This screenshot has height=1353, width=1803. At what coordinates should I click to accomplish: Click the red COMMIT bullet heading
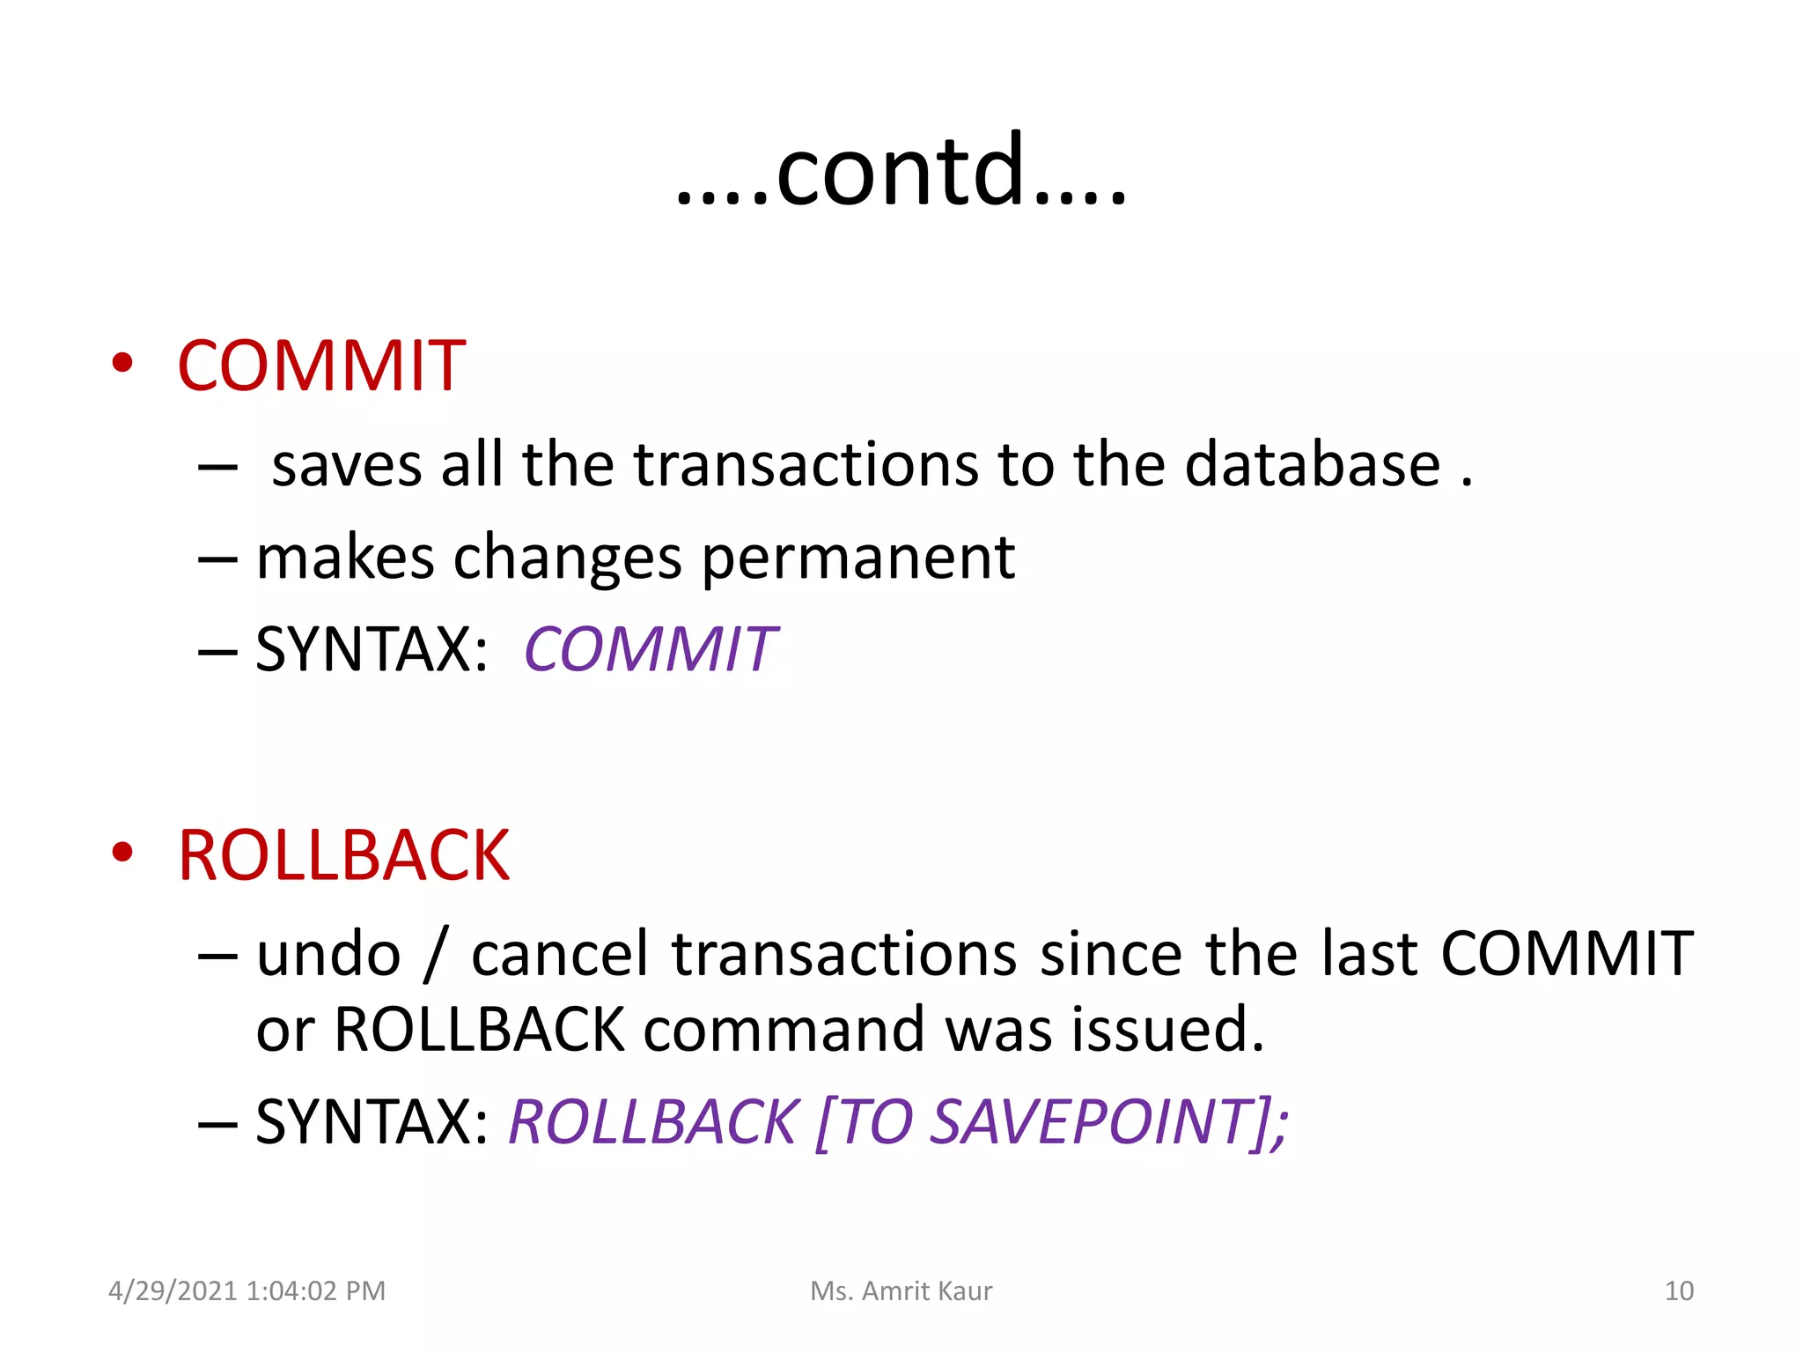tap(321, 366)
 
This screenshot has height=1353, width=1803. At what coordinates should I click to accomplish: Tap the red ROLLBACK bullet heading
tap(343, 855)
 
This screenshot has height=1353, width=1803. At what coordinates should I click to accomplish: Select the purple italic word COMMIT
tap(650, 650)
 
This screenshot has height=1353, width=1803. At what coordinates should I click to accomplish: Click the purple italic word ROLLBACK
tap(653, 1122)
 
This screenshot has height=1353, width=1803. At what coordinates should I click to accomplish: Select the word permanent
tap(857, 558)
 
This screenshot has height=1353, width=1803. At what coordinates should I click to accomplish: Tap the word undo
tap(328, 954)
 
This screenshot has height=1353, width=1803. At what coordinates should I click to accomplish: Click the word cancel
tap(560, 954)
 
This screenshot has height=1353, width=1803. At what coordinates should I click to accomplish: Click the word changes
tap(567, 558)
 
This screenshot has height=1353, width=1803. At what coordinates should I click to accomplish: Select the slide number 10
tap(1679, 1290)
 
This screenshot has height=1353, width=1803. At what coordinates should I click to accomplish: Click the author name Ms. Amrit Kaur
tap(901, 1290)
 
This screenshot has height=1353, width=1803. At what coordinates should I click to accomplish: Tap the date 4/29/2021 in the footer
tap(173, 1290)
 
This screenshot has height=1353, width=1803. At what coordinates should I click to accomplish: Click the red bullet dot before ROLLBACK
tap(122, 852)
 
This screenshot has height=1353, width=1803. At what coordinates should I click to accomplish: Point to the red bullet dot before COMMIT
tap(122, 362)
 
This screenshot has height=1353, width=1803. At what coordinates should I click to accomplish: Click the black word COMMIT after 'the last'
tap(1566, 954)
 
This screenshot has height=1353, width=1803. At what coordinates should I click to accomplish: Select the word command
tap(784, 1029)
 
